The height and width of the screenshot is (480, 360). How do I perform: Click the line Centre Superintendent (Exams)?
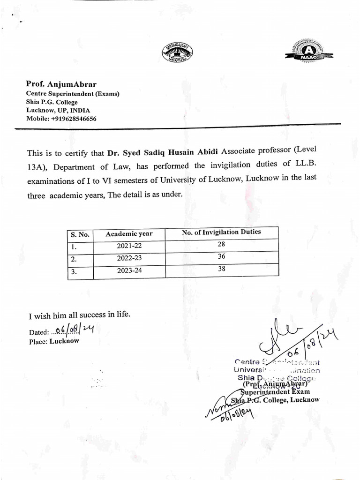(x=73, y=94)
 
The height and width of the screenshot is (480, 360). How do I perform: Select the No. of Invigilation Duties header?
(x=221, y=232)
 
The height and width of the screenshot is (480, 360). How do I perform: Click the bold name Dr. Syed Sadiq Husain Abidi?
(x=163, y=152)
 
